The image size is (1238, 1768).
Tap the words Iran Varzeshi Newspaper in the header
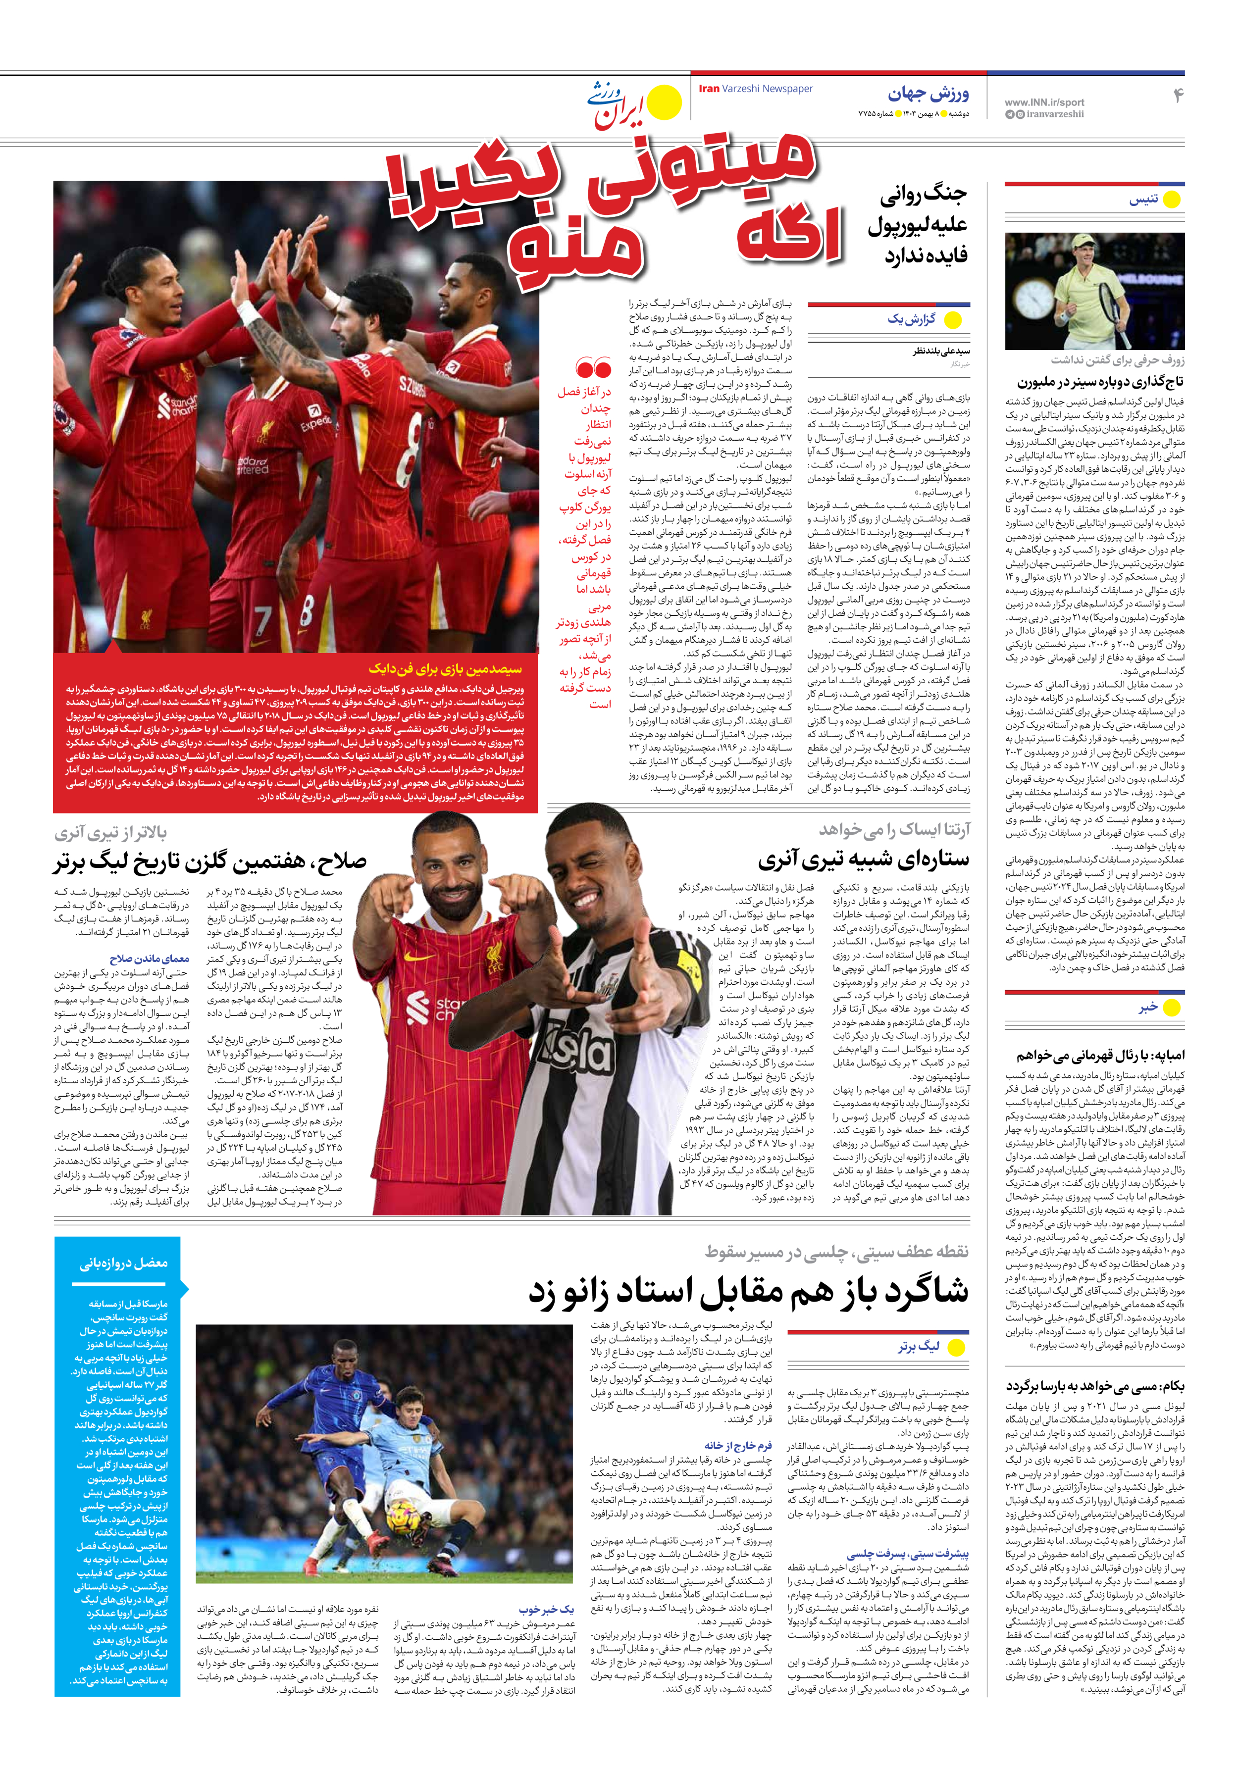pos(755,89)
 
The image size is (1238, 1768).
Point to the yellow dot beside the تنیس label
pos(1171,200)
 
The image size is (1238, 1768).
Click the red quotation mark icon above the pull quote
pos(593,367)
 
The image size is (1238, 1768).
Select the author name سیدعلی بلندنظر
pos(941,351)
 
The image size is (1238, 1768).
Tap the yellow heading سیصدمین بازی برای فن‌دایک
pos(445,667)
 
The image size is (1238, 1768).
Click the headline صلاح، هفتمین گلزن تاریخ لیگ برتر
pos(209,861)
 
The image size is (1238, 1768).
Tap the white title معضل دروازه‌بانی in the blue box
pos(123,1263)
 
